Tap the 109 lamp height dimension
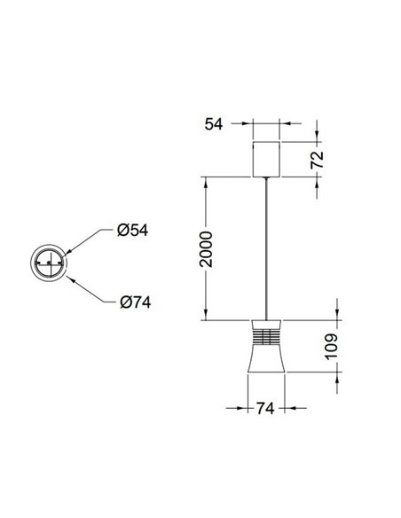pos(330,345)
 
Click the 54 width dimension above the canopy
pos(213,126)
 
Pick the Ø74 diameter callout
pos(135,302)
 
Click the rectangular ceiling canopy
pos(267,159)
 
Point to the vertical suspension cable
pos(267,248)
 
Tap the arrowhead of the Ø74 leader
pos(66,276)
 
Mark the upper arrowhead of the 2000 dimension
pos(206,181)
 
